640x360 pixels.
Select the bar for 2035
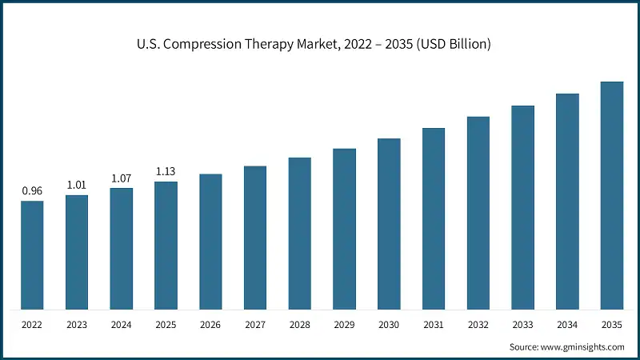(612, 195)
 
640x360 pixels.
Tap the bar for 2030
(389, 223)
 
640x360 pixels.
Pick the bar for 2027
(255, 238)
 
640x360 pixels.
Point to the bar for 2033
(522, 207)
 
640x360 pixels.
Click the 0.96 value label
(32, 191)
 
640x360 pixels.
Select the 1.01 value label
(77, 185)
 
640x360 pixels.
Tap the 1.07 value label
(122, 178)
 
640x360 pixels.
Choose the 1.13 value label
(166, 171)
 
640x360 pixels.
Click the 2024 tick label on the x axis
(122, 326)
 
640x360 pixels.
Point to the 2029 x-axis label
(344, 326)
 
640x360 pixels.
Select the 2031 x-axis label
(434, 326)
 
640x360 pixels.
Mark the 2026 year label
(210, 326)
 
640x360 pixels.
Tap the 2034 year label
(567, 326)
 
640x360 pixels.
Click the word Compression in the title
(210, 44)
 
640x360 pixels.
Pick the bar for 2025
(166, 245)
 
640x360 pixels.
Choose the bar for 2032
(478, 213)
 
